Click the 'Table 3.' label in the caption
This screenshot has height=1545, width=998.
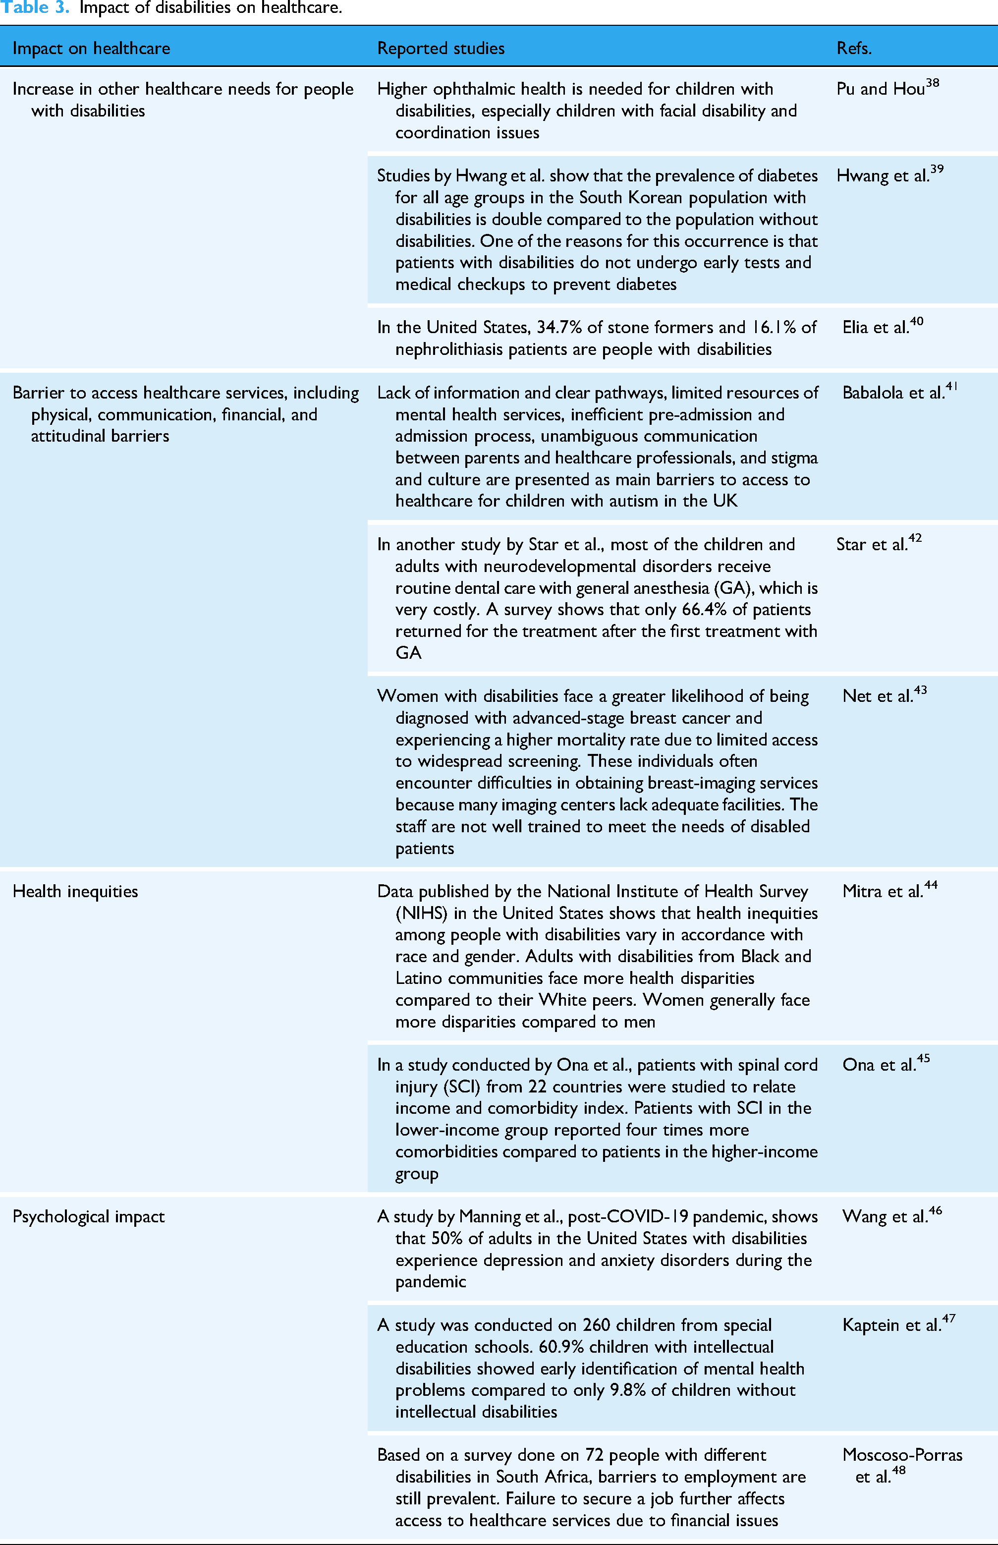tap(36, 8)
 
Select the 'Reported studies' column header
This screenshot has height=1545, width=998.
tap(441, 49)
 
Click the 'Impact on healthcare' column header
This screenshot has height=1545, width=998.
tap(91, 49)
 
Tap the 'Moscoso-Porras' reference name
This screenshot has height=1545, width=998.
tap(902, 1454)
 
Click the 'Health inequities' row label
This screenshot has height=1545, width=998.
tap(75, 891)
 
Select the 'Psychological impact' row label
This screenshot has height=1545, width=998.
tap(89, 1216)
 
